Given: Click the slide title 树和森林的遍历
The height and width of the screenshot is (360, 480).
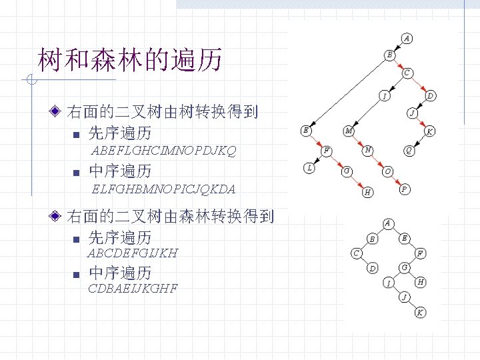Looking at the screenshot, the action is click(129, 61).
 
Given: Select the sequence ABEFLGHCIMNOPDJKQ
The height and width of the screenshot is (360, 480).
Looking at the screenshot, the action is click(163, 151).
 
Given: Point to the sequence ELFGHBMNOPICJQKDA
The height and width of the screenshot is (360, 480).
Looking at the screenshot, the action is click(164, 189).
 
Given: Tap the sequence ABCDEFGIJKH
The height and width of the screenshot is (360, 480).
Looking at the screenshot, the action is click(133, 253).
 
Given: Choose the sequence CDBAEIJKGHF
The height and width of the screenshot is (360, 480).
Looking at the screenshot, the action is click(133, 289).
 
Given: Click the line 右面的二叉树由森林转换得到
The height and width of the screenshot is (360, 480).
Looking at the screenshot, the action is click(171, 216).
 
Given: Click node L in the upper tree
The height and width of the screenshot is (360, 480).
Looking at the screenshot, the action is click(309, 168).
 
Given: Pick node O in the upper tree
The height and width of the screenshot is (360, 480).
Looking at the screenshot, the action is click(388, 171).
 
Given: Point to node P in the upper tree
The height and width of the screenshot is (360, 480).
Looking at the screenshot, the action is click(404, 190).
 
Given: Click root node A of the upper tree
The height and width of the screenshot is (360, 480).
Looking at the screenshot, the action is click(407, 38).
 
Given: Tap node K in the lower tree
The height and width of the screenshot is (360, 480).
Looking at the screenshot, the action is click(420, 312).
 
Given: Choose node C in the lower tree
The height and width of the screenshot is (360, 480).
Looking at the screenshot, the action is click(357, 253).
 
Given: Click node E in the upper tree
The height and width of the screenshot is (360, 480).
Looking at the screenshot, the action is click(305, 130).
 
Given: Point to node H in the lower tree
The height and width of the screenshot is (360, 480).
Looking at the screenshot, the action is click(420, 282).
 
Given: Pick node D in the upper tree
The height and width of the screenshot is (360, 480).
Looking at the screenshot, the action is click(431, 96).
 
